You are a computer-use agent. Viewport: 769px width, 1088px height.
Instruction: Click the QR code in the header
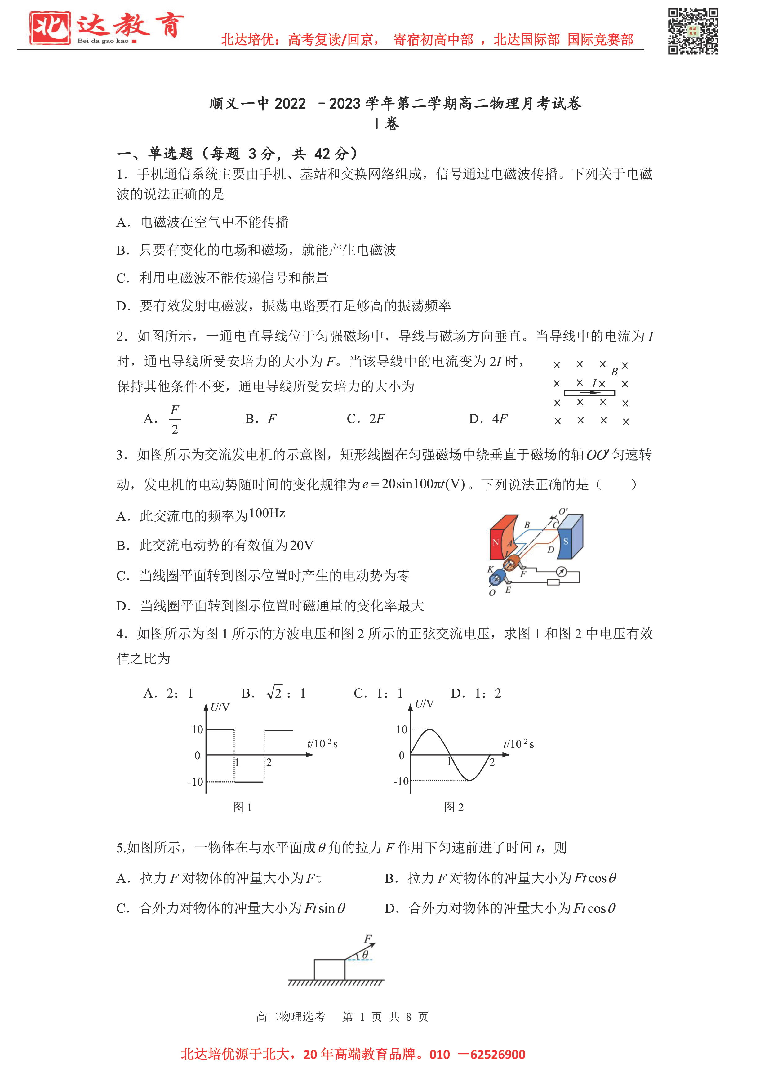(693, 31)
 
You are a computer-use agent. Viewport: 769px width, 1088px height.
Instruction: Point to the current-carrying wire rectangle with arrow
(589, 393)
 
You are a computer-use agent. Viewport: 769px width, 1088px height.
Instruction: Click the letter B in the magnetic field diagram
(614, 372)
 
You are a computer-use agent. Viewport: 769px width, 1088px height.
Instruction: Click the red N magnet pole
(496, 542)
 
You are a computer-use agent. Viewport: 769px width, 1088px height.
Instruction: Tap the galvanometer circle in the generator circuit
(561, 572)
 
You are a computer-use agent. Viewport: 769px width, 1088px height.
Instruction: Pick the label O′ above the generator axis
(563, 512)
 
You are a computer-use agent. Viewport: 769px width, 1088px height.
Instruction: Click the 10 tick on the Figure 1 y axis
(198, 730)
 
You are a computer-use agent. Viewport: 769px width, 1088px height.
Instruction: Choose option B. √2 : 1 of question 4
(273, 693)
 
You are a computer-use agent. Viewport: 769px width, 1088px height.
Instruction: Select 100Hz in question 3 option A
(267, 514)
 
